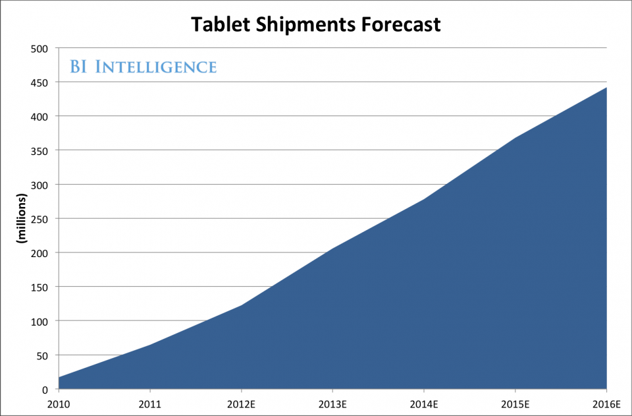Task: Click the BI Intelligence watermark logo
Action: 143,67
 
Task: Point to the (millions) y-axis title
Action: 21,219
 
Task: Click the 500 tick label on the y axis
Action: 40,48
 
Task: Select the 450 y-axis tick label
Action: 40,82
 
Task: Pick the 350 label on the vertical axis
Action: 40,150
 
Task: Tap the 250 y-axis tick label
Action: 40,219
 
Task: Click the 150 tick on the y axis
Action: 40,287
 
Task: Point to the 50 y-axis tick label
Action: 43,355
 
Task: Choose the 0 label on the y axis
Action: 45,390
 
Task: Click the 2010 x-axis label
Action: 59,403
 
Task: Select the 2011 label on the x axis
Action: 149,403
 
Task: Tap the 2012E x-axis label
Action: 241,403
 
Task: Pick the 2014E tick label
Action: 423,403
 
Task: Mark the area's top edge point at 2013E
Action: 332,249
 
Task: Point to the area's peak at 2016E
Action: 606,88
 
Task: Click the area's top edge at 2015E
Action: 515,138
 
